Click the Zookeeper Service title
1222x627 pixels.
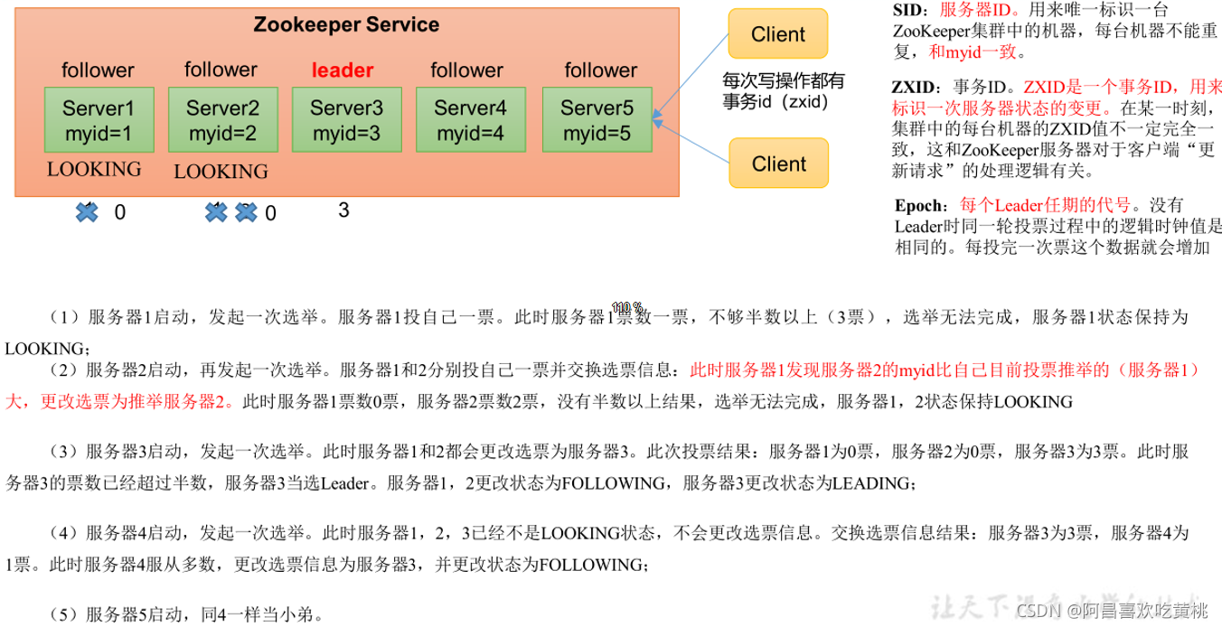click(x=346, y=25)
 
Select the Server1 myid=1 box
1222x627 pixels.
click(x=98, y=120)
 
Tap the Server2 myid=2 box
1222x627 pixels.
click(x=222, y=120)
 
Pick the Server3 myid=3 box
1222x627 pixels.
click(x=346, y=120)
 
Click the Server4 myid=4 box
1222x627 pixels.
click(x=470, y=120)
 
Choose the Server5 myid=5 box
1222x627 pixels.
click(x=597, y=120)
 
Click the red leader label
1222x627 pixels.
click(x=343, y=70)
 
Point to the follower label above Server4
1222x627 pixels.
click(x=466, y=70)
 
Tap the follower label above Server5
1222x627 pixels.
click(x=601, y=70)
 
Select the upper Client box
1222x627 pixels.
click(x=777, y=35)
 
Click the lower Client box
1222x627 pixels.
click(x=778, y=164)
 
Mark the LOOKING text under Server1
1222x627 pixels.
click(x=94, y=169)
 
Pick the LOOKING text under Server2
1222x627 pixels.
click(x=221, y=171)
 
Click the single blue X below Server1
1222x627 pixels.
click(x=87, y=212)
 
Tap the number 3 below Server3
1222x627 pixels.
click(x=343, y=211)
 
